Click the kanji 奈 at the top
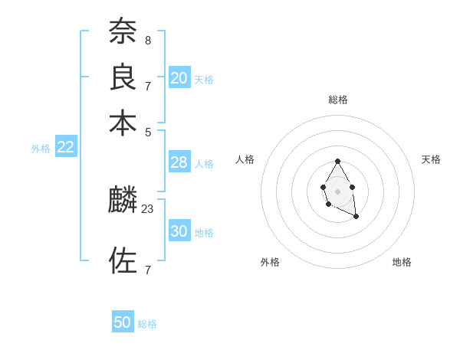[x=123, y=31]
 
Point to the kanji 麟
[x=123, y=201]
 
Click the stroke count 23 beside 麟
[x=148, y=208]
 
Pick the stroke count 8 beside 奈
[x=147, y=40]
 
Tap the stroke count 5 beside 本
[x=147, y=131]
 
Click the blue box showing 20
[x=179, y=78]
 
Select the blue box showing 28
[x=179, y=162]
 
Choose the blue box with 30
[x=179, y=231]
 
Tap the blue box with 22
[x=66, y=148]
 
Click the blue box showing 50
[x=123, y=322]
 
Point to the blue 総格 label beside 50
[x=147, y=324]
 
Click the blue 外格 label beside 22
[x=41, y=149]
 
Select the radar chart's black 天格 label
[x=431, y=159]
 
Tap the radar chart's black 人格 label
[x=245, y=159]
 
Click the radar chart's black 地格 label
[x=402, y=262]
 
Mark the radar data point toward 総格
[x=337, y=161]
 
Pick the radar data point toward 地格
[x=356, y=218]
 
